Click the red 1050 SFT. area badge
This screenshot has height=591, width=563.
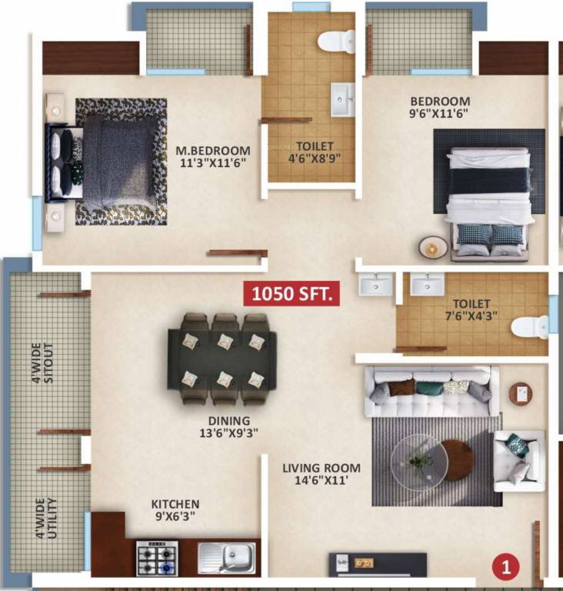pos(291,294)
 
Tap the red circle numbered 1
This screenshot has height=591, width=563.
pos(505,568)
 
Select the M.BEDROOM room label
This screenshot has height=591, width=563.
pos(213,150)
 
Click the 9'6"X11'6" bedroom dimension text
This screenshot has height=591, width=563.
pos(439,113)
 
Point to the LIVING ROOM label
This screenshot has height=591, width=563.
pos(321,468)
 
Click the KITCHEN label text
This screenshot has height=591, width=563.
pos(175,504)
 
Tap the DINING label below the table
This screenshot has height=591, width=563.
pos(228,421)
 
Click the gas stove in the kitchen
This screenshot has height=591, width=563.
pos(157,557)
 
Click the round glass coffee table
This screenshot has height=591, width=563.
pos(418,462)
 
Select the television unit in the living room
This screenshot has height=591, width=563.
pos(378,564)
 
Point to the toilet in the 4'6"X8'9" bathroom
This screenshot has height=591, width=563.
pos(336,41)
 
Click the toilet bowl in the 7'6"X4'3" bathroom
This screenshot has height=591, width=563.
pos(530,327)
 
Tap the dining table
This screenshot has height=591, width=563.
pos(222,359)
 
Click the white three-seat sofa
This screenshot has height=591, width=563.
pos(428,391)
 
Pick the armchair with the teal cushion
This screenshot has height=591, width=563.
pos(518,459)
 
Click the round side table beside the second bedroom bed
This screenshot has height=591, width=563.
pos(433,246)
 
